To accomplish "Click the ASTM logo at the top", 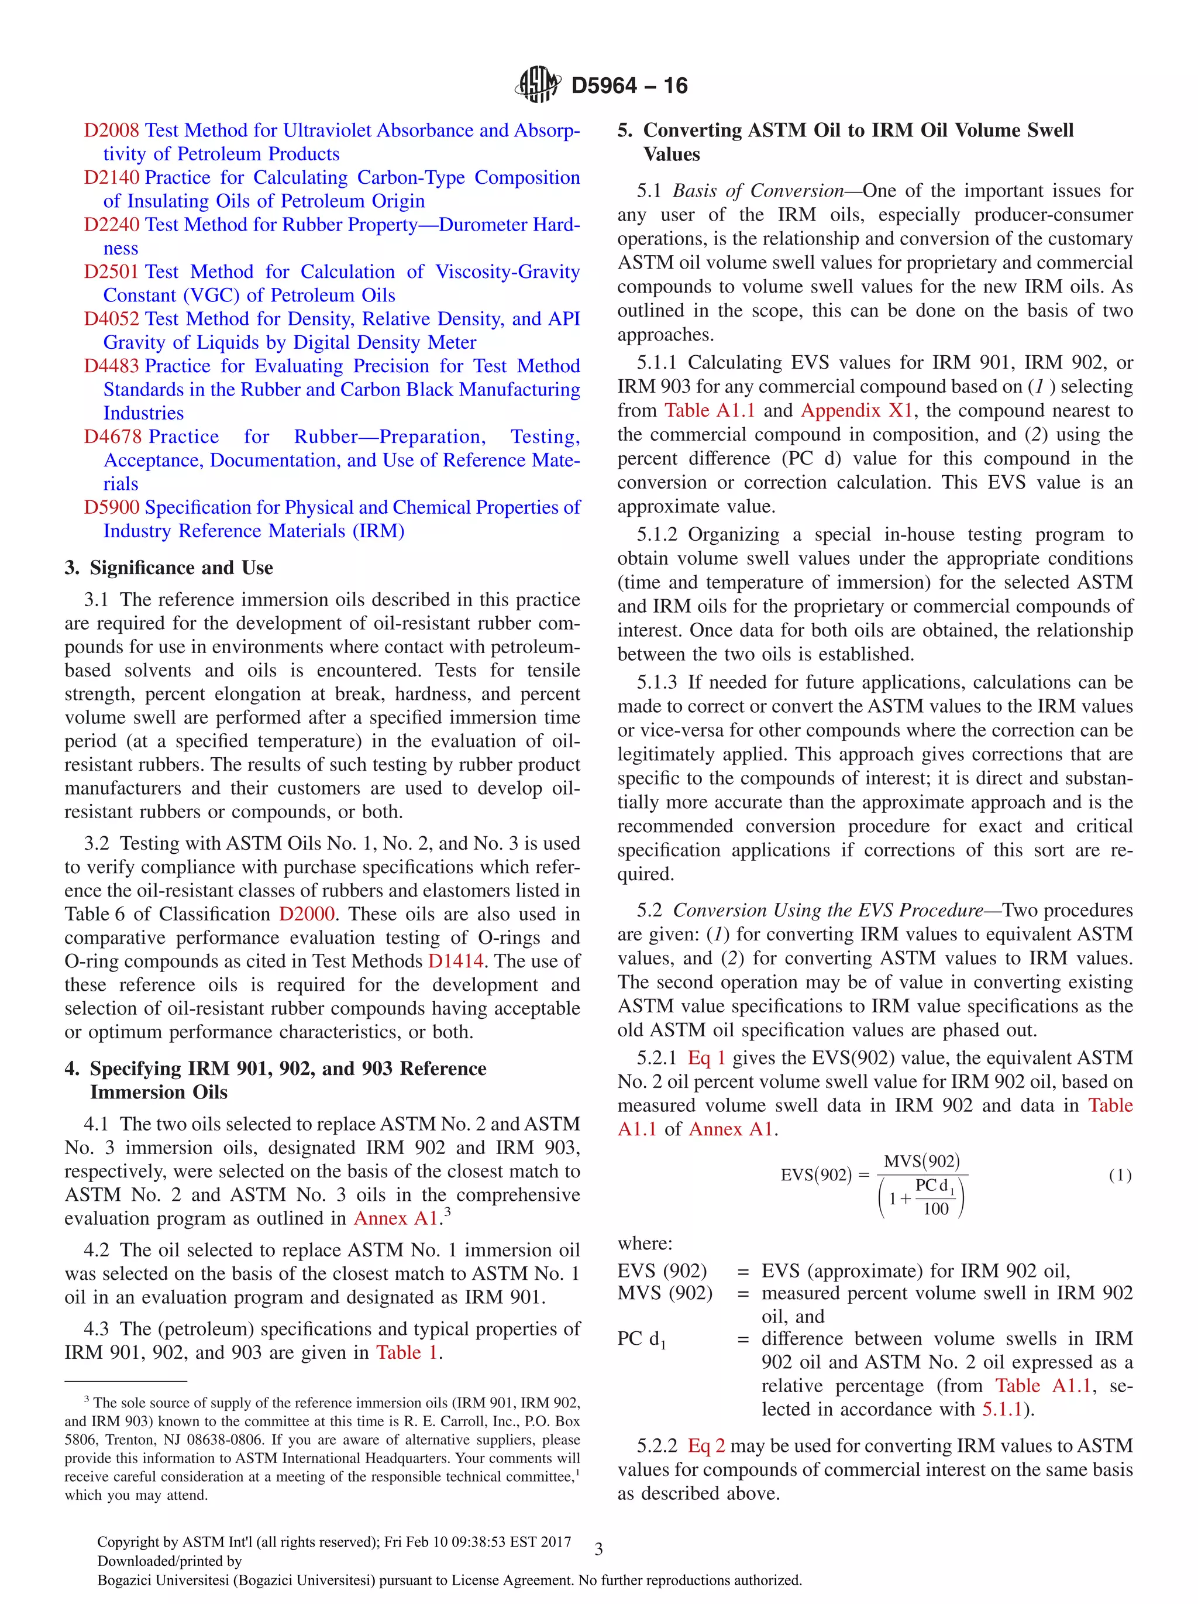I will pyautogui.click(x=537, y=85).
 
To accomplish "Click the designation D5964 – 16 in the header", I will pyautogui.click(x=629, y=85).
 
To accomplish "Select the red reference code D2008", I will pyautogui.click(x=111, y=130).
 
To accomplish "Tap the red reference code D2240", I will pyautogui.click(x=111, y=225).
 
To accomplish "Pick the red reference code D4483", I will pyautogui.click(x=111, y=366).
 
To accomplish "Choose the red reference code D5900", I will pyautogui.click(x=111, y=507).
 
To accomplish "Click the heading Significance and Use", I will pyautogui.click(x=181, y=568).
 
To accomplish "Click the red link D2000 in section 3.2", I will pyautogui.click(x=307, y=915).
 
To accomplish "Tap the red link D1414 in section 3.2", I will pyautogui.click(x=456, y=961).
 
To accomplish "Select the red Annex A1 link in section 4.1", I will pyautogui.click(x=395, y=1219).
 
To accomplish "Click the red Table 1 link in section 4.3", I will pyautogui.click(x=407, y=1353).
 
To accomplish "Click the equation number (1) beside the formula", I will pyautogui.click(x=1120, y=1176).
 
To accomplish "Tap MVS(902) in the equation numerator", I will pyautogui.click(x=921, y=1162).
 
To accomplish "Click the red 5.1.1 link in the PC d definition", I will pyautogui.click(x=1002, y=1410).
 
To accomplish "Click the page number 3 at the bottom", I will pyautogui.click(x=598, y=1550).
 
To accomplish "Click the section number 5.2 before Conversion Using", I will pyautogui.click(x=649, y=911).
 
